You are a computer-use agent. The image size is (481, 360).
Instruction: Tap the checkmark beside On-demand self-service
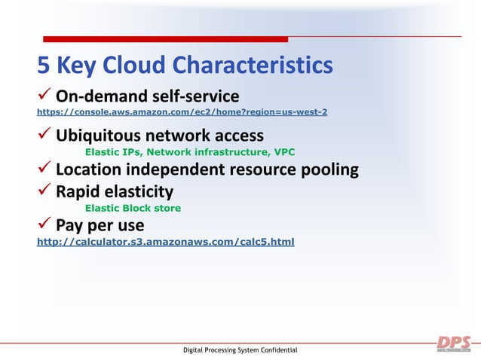pyautogui.click(x=44, y=96)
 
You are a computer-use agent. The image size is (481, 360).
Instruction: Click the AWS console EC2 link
pyautogui.click(x=182, y=112)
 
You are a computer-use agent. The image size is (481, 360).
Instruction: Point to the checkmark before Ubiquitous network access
pyautogui.click(x=44, y=136)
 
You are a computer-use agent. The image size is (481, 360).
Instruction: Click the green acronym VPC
pyautogui.click(x=283, y=152)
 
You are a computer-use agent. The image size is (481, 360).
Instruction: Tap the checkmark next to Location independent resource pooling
pyautogui.click(x=44, y=169)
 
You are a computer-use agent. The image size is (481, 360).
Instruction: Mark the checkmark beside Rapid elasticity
pyautogui.click(x=44, y=191)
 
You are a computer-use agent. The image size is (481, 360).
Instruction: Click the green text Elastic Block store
pyautogui.click(x=133, y=208)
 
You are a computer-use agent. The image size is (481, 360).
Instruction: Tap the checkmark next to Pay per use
pyautogui.click(x=44, y=225)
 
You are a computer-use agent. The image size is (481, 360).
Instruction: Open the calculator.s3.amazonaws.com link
pyautogui.click(x=166, y=243)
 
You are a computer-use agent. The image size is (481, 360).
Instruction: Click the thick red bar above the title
pyautogui.click(x=165, y=38)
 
